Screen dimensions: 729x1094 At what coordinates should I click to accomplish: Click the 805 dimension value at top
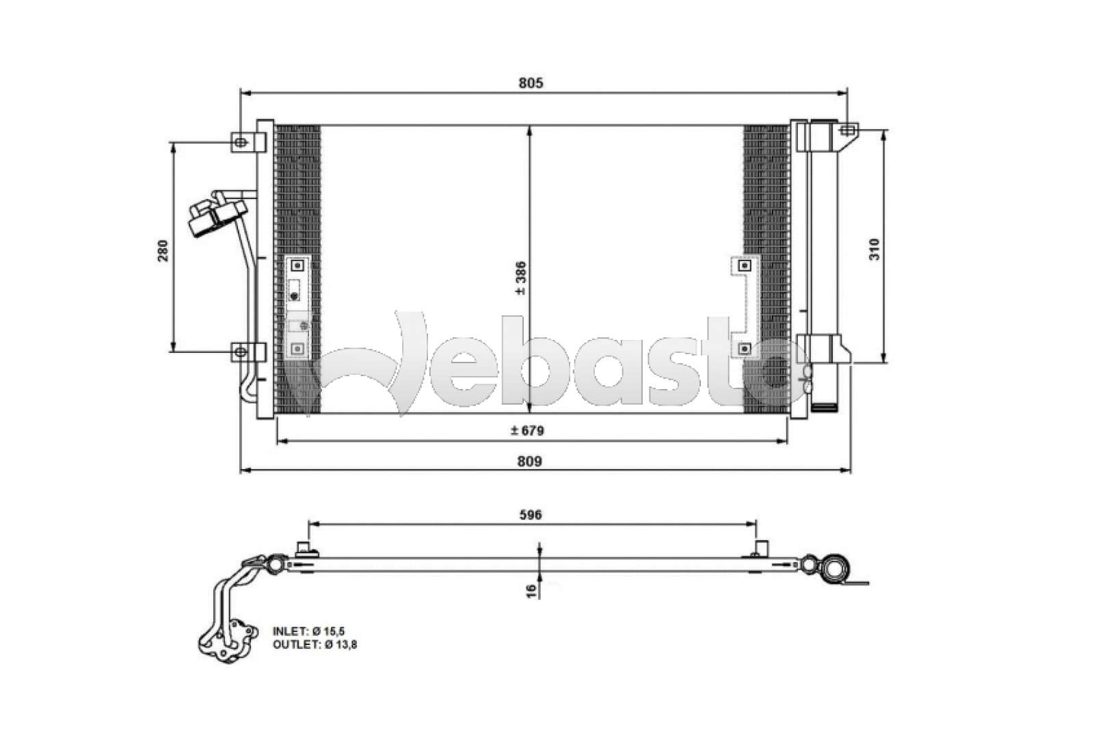(530, 83)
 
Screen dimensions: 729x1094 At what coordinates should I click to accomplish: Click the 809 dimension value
(530, 461)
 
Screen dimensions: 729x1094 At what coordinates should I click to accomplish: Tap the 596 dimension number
(531, 514)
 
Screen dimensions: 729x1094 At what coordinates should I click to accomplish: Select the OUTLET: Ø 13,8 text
(315, 644)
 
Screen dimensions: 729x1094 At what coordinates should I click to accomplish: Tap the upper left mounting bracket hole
(240, 142)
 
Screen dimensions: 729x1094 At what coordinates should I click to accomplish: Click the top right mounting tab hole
(847, 129)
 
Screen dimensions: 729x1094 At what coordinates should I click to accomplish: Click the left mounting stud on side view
(304, 549)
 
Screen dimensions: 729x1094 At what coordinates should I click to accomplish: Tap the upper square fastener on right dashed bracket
(745, 265)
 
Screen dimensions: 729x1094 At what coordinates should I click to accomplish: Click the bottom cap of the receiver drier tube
(825, 408)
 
